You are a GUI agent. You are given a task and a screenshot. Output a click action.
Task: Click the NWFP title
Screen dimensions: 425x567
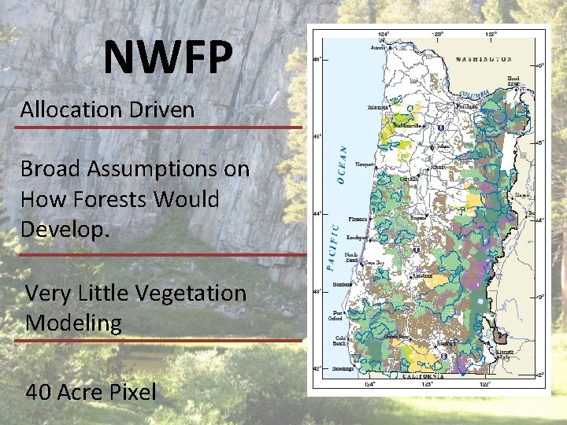pos(168,57)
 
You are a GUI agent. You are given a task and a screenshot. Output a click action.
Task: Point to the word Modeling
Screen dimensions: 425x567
pos(73,323)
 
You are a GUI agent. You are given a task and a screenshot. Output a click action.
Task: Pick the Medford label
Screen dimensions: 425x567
pos(447,343)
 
